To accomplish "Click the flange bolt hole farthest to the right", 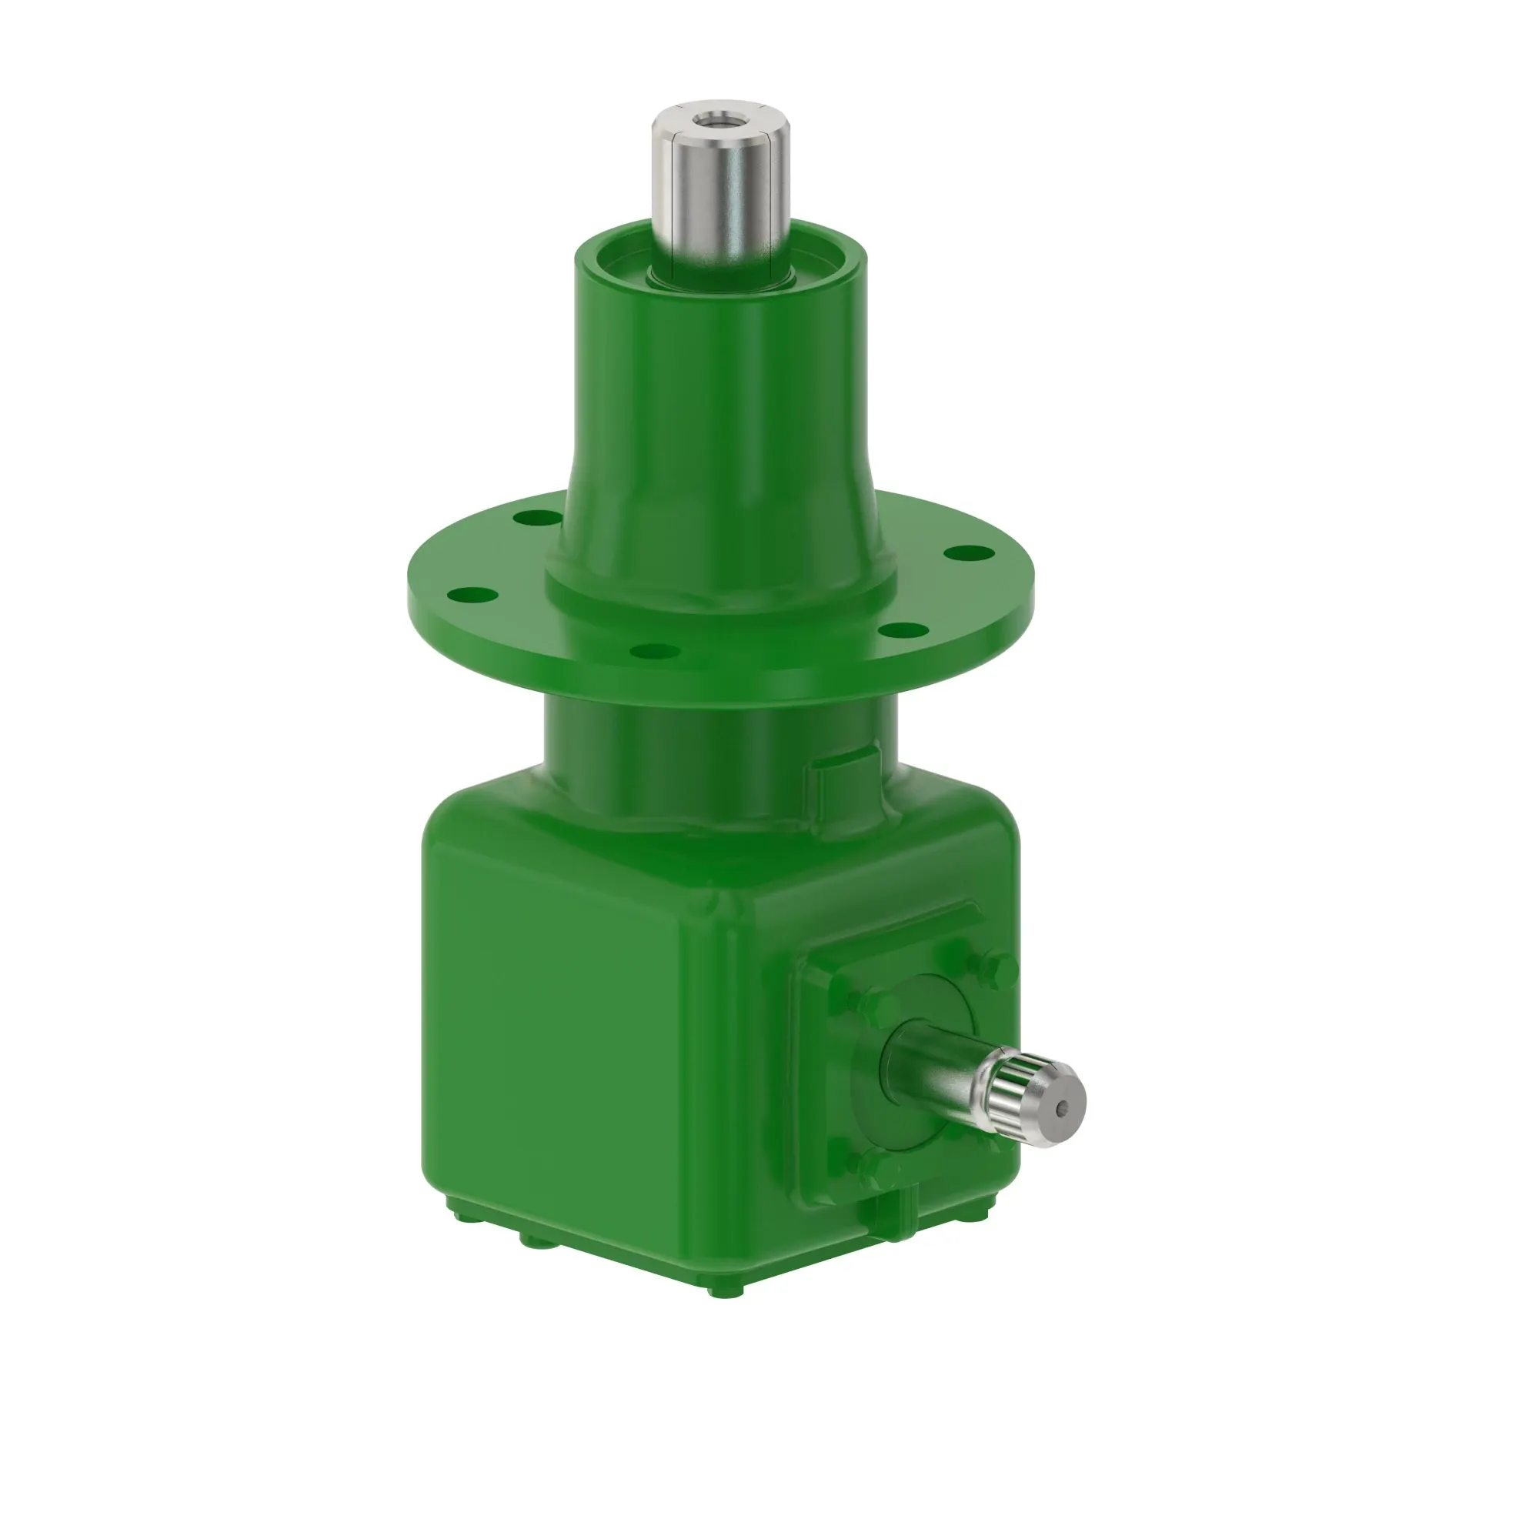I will [x=968, y=551].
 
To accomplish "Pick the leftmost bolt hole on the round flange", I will [x=472, y=593].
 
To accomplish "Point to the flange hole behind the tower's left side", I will [x=536, y=519].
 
